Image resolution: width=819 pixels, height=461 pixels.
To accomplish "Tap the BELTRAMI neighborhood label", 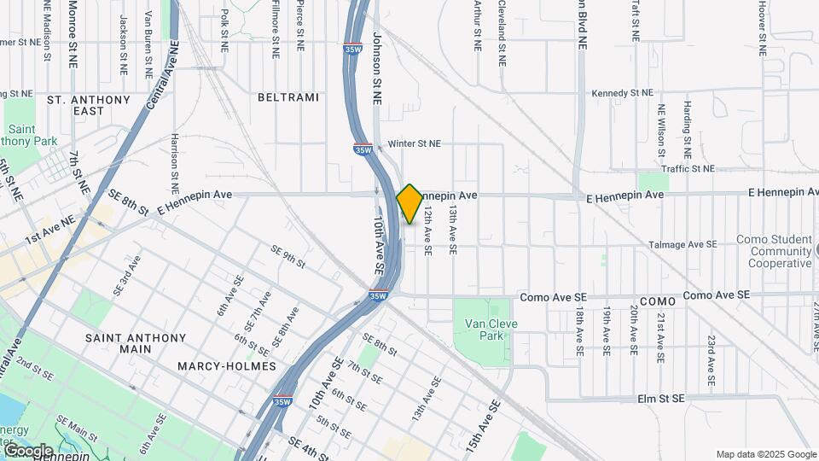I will coord(288,97).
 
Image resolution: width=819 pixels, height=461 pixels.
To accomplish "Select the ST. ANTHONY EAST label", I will coord(89,105).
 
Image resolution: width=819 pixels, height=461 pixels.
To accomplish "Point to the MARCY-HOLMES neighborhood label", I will coord(227,365).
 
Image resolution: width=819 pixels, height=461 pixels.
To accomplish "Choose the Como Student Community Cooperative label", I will coord(780,251).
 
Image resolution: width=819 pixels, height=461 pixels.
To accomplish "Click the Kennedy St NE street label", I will coord(622,92).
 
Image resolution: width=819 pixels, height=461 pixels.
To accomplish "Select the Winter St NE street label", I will coord(415,144).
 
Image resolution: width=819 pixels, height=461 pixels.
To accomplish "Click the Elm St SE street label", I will coord(661,399).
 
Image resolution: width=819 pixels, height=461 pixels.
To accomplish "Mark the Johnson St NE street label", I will coord(376,68).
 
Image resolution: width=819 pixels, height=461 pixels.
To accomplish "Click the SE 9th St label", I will coord(288,255).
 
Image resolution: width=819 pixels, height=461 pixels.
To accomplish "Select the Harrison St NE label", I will coord(174,162).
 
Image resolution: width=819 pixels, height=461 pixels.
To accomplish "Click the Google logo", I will coord(28,450).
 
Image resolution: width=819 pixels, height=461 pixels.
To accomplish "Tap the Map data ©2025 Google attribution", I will coord(765,454).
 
